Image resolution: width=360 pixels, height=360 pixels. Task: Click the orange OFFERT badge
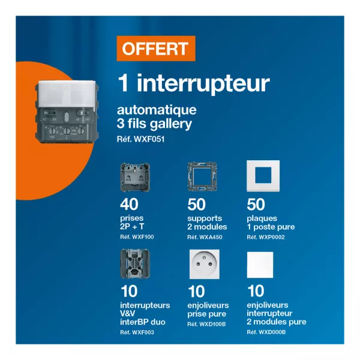click(156, 49)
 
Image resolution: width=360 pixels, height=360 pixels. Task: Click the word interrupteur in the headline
click(203, 84)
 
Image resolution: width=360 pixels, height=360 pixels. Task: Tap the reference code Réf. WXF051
click(141, 139)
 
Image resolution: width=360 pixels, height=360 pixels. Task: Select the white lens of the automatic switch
click(67, 94)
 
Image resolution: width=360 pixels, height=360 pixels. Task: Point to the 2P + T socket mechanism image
click(135, 177)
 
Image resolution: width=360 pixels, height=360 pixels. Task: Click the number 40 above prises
click(129, 204)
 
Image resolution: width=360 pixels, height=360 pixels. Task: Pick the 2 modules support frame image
click(202, 176)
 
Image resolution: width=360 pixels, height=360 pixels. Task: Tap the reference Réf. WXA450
click(205, 237)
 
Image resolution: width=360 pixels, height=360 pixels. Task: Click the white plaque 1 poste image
click(263, 176)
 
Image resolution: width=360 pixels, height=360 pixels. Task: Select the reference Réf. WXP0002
click(266, 237)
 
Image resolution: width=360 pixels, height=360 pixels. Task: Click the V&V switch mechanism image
click(135, 263)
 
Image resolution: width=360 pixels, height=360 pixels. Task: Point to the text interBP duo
click(143, 322)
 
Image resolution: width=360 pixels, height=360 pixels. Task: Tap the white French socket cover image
click(205, 264)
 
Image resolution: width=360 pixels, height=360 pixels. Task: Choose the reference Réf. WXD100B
click(206, 324)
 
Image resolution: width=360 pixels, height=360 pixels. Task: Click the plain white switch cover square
click(260, 265)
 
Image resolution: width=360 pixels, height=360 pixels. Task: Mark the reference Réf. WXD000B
click(266, 332)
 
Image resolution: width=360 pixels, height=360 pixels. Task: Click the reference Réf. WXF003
click(137, 332)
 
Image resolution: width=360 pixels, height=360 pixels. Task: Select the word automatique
click(157, 110)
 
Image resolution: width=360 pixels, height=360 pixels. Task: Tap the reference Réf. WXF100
click(137, 237)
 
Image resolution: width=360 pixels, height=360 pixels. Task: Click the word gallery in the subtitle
click(171, 124)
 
